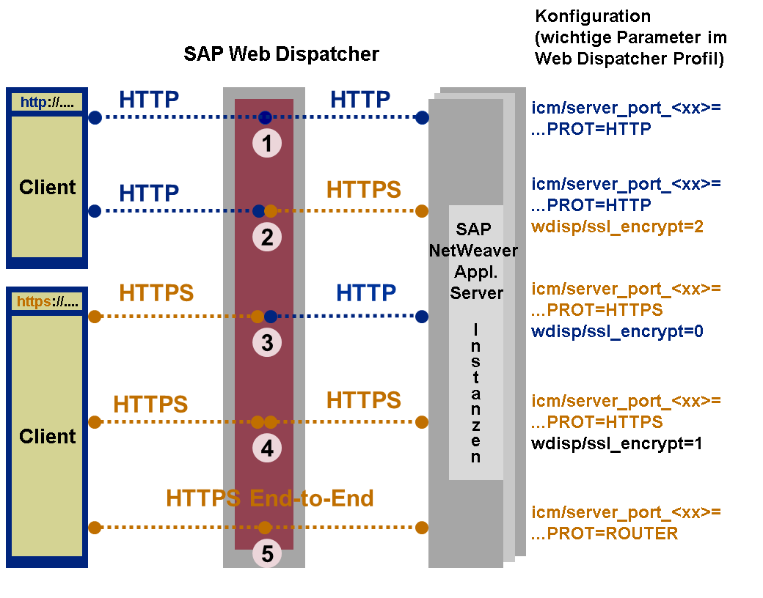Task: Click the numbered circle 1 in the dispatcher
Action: [267, 144]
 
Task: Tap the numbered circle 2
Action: [267, 237]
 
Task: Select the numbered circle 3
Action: [267, 342]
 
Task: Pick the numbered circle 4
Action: [267, 448]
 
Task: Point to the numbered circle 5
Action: [267, 554]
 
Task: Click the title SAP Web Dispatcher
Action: [281, 54]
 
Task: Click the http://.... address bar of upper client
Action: [47, 103]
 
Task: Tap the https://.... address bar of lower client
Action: [47, 301]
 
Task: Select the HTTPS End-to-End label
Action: [270, 498]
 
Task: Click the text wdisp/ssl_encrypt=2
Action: [617, 226]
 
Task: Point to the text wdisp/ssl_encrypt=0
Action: [617, 331]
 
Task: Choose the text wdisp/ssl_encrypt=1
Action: [617, 443]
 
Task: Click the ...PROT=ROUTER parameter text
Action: [605, 534]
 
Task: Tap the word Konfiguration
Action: [593, 17]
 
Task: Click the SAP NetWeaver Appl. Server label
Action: [475, 261]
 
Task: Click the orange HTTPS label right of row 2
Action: [364, 190]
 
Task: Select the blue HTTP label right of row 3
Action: [366, 293]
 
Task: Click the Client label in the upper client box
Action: [47, 188]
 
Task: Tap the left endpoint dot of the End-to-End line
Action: [95, 527]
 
